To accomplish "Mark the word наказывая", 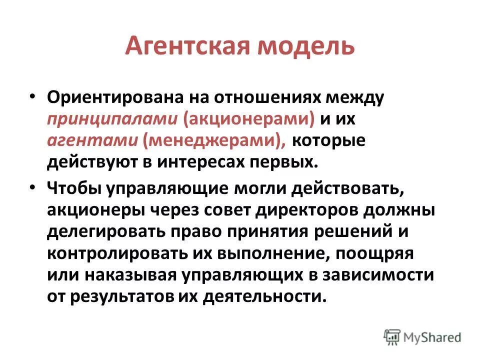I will (x=130, y=275).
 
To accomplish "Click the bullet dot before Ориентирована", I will (x=32, y=96).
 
